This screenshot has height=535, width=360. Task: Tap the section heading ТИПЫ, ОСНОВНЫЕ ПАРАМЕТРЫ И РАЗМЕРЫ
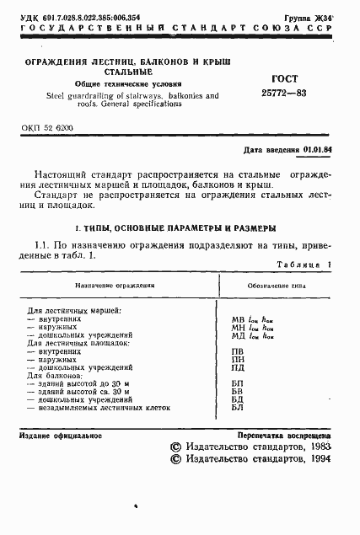[x=181, y=228]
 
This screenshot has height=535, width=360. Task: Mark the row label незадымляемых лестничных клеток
[x=93, y=407]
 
